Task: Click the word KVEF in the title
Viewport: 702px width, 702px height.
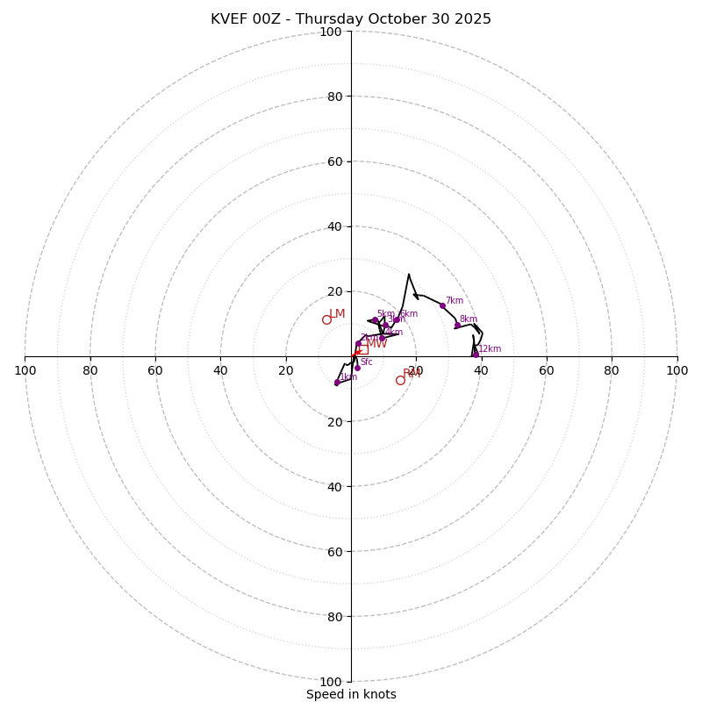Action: click(x=229, y=19)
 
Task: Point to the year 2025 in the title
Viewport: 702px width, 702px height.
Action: click(x=472, y=19)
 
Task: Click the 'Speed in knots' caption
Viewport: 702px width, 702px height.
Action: click(x=351, y=694)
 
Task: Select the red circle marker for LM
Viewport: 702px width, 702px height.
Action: click(x=326, y=319)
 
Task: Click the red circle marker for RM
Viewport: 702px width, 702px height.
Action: click(x=400, y=380)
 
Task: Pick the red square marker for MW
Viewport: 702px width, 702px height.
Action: click(x=363, y=349)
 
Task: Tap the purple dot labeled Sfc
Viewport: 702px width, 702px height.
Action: click(x=357, y=368)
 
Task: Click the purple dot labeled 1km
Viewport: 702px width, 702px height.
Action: click(x=337, y=383)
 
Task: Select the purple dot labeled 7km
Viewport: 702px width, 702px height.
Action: click(x=442, y=305)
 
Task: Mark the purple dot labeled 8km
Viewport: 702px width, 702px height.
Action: click(x=457, y=326)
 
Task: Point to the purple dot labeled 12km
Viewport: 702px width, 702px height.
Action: click(x=476, y=355)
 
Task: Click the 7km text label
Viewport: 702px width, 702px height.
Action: click(x=455, y=301)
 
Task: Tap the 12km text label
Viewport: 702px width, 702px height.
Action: click(x=490, y=349)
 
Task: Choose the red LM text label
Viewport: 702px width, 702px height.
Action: click(x=338, y=314)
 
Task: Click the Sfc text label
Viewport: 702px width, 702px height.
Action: click(x=367, y=362)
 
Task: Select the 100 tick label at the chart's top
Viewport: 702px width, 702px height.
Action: click(x=331, y=32)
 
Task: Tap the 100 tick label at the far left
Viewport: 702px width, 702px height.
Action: click(x=25, y=370)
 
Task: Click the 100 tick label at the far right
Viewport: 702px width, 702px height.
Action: click(x=677, y=370)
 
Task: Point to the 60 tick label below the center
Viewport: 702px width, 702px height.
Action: click(x=331, y=552)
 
